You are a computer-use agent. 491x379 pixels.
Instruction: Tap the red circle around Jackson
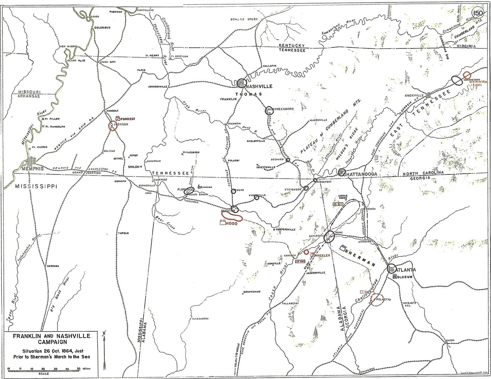[x=112, y=126]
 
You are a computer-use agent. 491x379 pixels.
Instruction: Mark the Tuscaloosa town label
[x=200, y=319]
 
